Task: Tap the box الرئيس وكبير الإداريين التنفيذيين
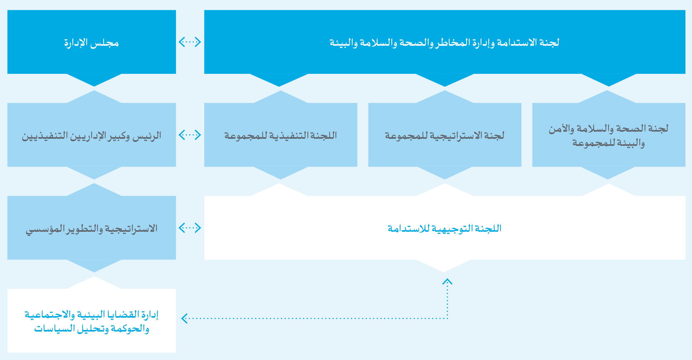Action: tap(92, 135)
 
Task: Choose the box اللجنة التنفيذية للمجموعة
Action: tap(281, 135)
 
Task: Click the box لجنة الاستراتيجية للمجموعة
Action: tap(445, 135)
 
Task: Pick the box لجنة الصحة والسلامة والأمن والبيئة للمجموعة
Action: tap(609, 135)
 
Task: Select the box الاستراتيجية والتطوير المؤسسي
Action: tap(92, 228)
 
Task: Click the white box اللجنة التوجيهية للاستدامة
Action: tap(445, 228)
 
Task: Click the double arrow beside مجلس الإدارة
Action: tap(190, 42)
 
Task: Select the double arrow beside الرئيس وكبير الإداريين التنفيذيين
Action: tap(190, 135)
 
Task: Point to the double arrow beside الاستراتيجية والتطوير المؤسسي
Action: tap(190, 228)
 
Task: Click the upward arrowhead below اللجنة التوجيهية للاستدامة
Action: tap(447, 281)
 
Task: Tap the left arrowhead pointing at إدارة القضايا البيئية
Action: tap(184, 318)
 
